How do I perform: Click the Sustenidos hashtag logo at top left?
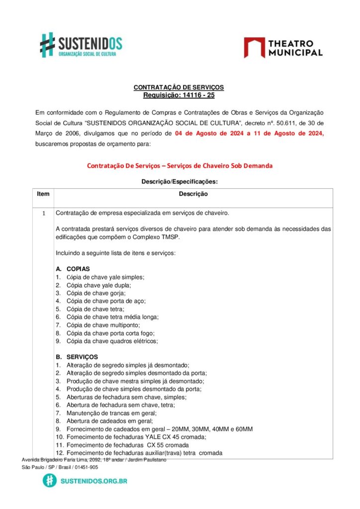[x=47, y=44]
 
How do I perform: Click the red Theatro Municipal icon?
[x=254, y=48]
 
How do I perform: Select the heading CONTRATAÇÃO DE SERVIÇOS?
[x=179, y=87]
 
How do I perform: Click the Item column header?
[x=43, y=194]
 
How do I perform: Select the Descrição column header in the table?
[x=193, y=194]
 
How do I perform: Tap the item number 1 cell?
[x=43, y=214]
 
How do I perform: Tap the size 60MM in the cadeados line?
[x=244, y=429]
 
